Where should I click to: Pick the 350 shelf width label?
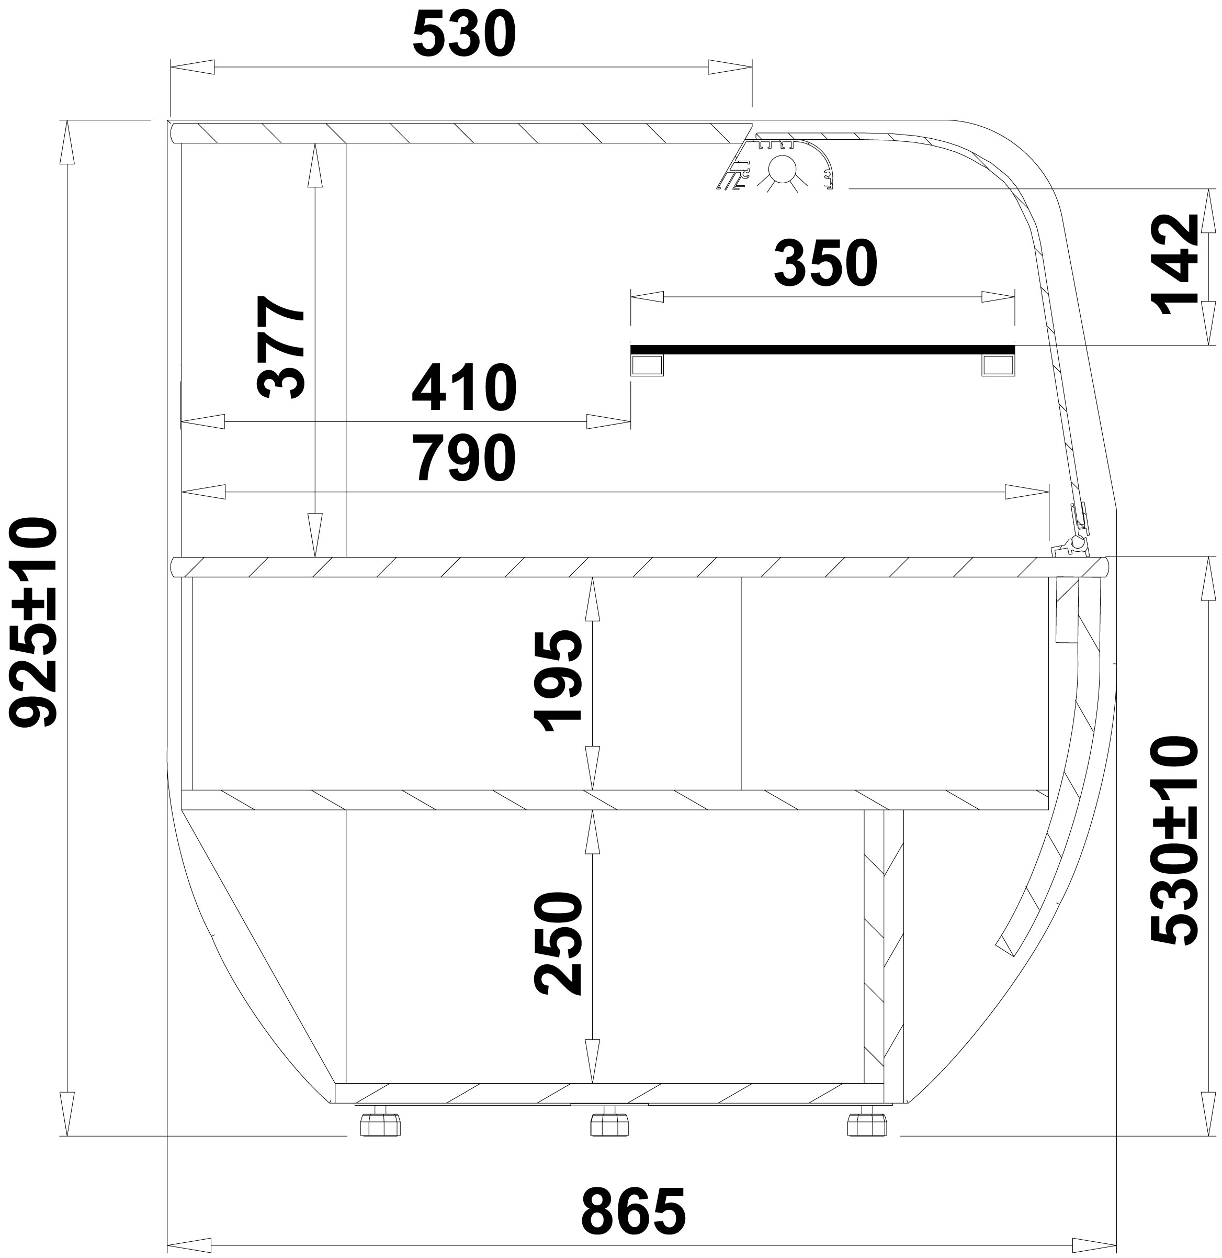[x=825, y=264]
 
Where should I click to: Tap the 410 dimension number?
[x=464, y=388]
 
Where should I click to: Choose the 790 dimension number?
[x=464, y=459]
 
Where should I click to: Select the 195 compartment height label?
[x=558, y=681]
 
